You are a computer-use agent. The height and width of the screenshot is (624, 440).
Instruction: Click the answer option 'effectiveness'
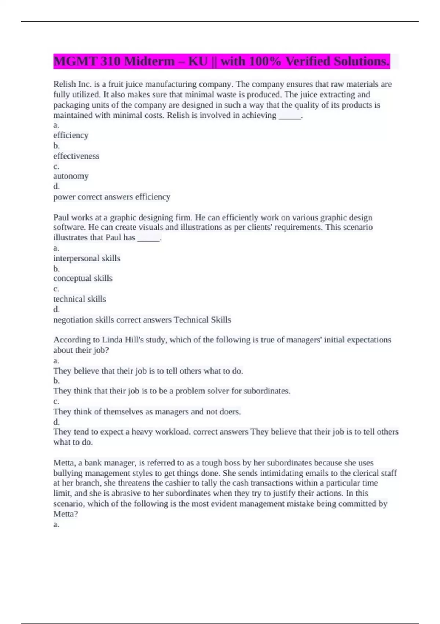point(76,156)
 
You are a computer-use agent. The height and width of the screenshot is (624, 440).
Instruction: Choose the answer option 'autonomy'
point(71,176)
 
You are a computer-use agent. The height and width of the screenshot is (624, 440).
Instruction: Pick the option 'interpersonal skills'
point(87,258)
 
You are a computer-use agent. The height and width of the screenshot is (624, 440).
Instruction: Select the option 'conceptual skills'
point(83,278)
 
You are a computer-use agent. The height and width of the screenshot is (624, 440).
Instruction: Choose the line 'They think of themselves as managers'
point(147,412)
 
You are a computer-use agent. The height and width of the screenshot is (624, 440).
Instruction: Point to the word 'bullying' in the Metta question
point(67,473)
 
